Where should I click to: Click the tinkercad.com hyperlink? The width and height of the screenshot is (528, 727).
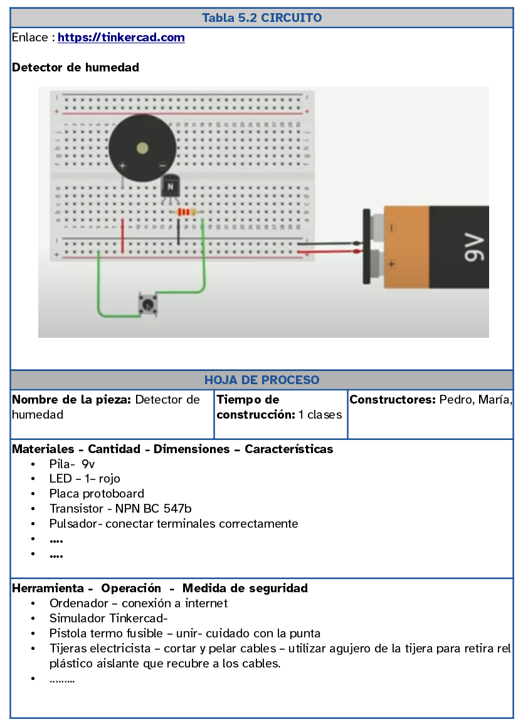pos(121,38)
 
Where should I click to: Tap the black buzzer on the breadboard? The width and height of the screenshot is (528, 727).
pos(142,149)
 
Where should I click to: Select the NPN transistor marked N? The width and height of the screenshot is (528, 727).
pos(170,186)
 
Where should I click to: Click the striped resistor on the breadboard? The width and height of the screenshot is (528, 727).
pos(186,212)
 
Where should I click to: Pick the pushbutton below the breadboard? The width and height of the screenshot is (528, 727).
pos(148,305)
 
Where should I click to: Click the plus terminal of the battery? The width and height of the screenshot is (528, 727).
pos(392,264)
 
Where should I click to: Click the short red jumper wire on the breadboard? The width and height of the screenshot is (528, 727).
pos(123,236)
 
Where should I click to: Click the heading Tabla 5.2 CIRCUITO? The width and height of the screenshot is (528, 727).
pos(261,18)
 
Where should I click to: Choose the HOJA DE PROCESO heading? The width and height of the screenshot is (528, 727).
pos(261,380)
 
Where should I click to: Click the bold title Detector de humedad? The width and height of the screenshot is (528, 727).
pos(75,67)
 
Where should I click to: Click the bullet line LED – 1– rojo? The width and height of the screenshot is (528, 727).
pos(85,479)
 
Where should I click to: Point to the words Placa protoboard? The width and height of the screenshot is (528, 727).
pos(97,494)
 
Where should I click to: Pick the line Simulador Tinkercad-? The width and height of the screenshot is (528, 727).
pos(108,619)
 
